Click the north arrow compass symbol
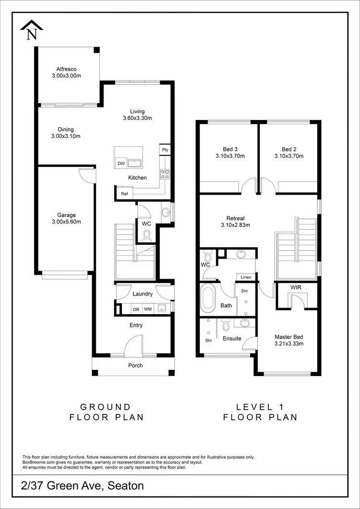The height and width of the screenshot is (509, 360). coord(32,30)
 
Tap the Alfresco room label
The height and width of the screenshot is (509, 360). coord(66,69)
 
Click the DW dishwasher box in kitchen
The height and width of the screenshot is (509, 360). coord(120,164)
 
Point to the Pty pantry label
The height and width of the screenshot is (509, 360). coord(165,150)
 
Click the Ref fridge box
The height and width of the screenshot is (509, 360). coord(124,194)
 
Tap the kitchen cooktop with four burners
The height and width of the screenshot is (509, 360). coord(165,174)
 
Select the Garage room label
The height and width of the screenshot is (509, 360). coord(66,215)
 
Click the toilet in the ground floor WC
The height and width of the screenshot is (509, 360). coord(147,235)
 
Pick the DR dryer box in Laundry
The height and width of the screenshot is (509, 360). coord(136,309)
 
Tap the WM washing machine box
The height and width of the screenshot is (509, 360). coord(148,309)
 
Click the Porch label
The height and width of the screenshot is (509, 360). coord(135,366)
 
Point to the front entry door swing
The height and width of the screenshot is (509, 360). coord(134,345)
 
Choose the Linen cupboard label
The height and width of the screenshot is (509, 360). coord(246,277)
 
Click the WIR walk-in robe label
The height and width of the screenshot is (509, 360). coord(296,287)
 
